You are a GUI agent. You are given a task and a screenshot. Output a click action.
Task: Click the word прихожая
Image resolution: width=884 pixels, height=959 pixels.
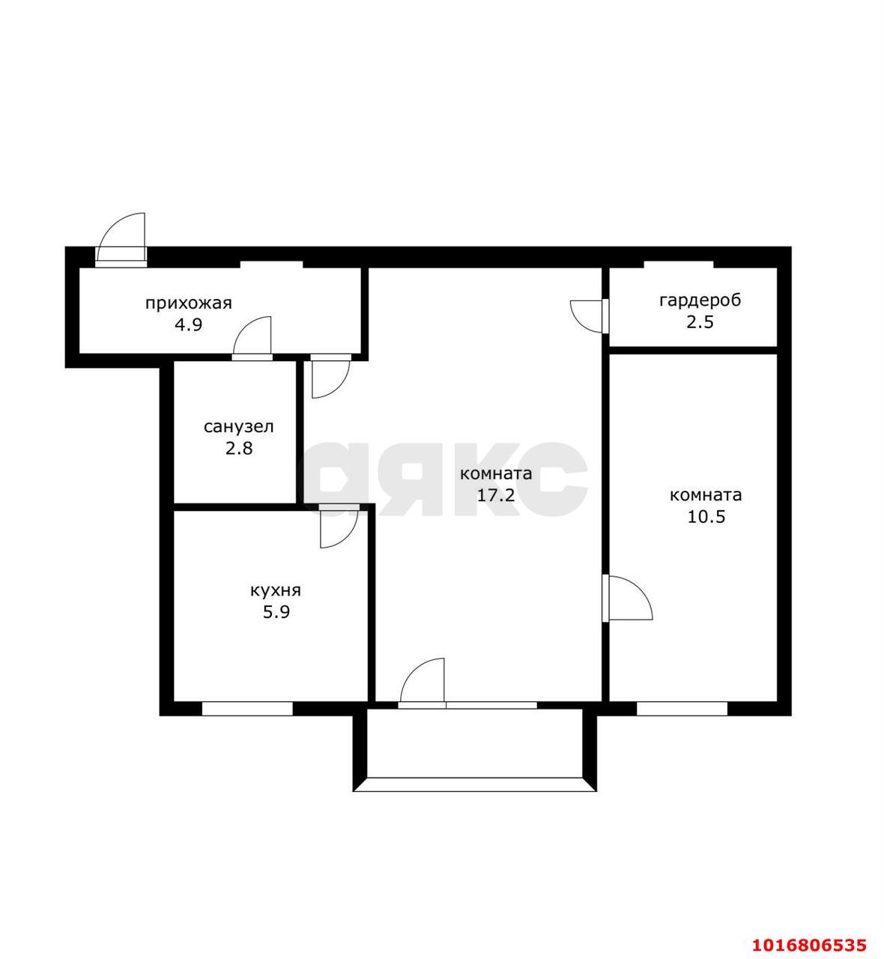pyautogui.click(x=188, y=303)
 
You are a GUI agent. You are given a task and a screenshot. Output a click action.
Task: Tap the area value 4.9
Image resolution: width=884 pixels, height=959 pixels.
pyautogui.click(x=188, y=325)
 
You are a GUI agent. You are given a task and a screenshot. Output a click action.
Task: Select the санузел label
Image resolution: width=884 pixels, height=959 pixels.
pyautogui.click(x=239, y=427)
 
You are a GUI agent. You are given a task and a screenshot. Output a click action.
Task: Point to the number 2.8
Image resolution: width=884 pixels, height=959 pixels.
pyautogui.click(x=239, y=449)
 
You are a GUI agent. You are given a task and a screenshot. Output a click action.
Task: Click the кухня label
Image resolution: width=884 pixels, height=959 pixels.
pyautogui.click(x=276, y=590)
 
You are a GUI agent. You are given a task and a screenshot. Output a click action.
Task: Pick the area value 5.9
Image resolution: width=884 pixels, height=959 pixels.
pyautogui.click(x=276, y=612)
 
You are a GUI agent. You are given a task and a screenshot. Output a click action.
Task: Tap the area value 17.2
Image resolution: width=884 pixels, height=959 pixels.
pyautogui.click(x=496, y=495)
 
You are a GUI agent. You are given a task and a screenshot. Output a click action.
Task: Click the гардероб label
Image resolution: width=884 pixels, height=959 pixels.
pyautogui.click(x=700, y=301)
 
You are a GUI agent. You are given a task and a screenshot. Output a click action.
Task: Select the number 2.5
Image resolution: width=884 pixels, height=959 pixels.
pyautogui.click(x=700, y=322)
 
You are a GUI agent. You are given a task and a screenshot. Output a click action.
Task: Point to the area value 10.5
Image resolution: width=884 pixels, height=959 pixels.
pyautogui.click(x=706, y=517)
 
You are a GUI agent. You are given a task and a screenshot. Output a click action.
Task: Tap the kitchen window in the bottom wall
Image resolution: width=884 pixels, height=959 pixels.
pyautogui.click(x=246, y=708)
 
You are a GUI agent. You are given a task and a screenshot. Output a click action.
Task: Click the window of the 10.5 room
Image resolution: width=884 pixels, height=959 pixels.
pyautogui.click(x=682, y=708)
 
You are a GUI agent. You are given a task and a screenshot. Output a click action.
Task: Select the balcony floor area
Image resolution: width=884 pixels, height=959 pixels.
pyautogui.click(x=474, y=742)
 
